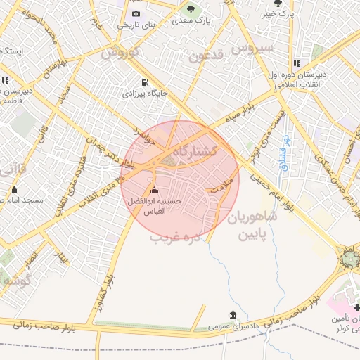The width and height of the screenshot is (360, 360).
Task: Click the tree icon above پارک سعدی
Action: (191, 9)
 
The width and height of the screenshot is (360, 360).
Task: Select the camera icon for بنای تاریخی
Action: (136, 13)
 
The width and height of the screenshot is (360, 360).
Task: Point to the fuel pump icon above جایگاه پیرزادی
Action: (146, 82)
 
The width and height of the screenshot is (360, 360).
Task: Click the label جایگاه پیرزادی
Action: (146, 93)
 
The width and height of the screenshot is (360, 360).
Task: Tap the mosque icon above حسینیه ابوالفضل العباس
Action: (154, 190)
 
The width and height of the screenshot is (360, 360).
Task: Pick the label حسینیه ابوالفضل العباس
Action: (154, 206)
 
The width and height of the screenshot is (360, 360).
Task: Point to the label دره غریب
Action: (176, 238)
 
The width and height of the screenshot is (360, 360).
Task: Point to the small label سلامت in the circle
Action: (221, 188)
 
